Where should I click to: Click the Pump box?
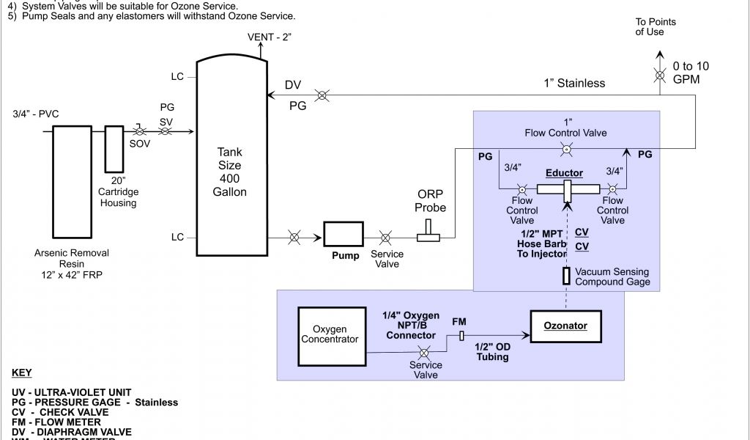[x=345, y=235]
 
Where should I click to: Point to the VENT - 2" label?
[x=269, y=37]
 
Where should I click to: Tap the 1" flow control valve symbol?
[x=566, y=150]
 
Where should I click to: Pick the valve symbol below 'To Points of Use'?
[x=659, y=76]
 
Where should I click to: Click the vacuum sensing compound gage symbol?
[x=566, y=276]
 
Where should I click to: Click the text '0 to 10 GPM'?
[x=691, y=72]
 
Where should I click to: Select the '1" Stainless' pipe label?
[x=574, y=84]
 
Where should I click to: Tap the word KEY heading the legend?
[x=22, y=373]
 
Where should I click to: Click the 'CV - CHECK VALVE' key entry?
[x=59, y=412]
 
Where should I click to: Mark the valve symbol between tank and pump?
[x=294, y=237]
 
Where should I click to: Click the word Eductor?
[x=564, y=174]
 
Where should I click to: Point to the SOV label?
[x=140, y=144]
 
